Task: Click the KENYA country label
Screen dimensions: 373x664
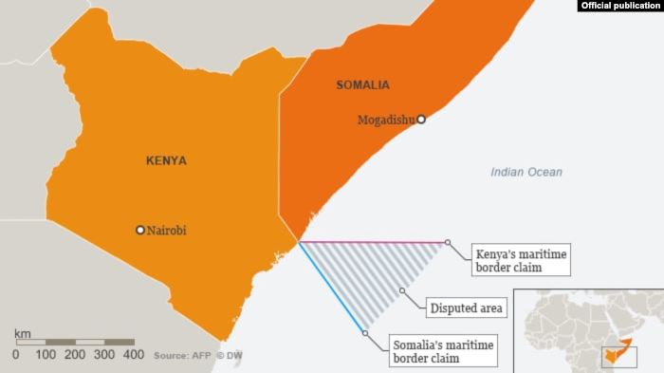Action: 166,160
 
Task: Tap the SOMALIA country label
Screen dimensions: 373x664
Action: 362,85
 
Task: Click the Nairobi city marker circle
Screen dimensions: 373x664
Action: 140,230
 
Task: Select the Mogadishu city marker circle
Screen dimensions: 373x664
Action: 421,120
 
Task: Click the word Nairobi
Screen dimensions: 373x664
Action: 167,230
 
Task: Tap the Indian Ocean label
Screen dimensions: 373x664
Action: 526,172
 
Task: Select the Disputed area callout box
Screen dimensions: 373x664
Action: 467,308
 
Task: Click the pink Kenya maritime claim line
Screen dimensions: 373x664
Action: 379,243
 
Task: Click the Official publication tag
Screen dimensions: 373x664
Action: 619,6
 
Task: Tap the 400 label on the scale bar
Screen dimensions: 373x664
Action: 134,354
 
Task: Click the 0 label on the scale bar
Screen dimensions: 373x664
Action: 15,354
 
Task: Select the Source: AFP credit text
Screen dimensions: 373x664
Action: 181,355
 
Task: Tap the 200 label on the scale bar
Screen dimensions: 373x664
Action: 74,354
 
